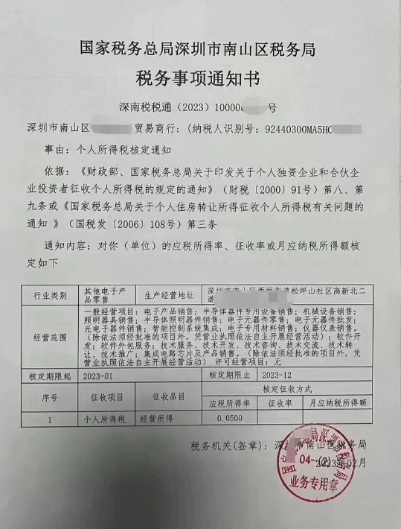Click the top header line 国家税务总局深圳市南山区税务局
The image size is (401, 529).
coord(199,50)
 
